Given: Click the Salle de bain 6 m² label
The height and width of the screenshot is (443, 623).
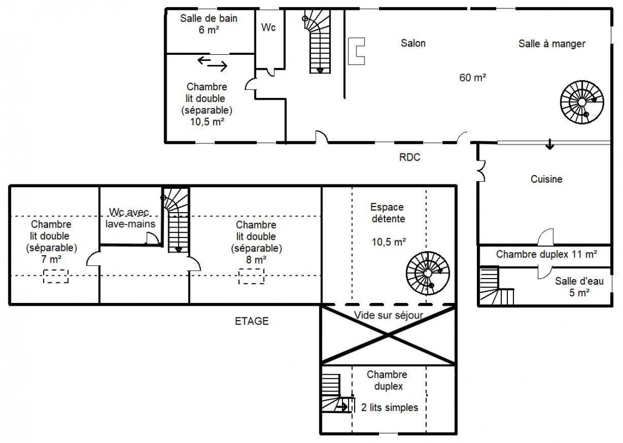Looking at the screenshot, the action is click(x=209, y=24).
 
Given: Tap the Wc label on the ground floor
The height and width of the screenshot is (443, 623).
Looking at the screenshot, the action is click(x=268, y=28).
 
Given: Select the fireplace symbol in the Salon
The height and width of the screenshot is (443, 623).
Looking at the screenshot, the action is click(x=356, y=51).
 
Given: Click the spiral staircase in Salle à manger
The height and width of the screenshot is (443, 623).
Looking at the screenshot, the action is click(x=582, y=102).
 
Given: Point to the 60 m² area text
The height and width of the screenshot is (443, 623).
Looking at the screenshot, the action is click(x=473, y=78).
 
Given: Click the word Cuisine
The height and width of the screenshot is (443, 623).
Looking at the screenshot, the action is click(x=546, y=179).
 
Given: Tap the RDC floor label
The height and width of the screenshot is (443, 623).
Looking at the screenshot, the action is click(x=409, y=157).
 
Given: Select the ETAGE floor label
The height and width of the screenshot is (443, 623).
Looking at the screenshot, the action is click(x=252, y=321).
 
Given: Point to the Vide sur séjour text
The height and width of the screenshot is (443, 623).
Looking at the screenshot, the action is click(x=388, y=316).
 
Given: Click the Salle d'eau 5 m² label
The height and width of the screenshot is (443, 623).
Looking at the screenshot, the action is click(x=579, y=287).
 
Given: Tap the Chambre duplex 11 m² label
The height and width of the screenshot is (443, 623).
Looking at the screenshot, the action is click(x=547, y=254).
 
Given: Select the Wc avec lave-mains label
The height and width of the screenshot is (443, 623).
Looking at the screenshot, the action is click(x=131, y=218).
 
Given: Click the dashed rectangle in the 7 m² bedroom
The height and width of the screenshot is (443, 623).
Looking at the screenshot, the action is click(x=56, y=276).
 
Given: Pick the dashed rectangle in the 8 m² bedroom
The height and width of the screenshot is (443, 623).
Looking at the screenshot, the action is click(x=252, y=276).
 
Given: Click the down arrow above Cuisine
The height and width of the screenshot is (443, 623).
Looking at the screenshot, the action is click(x=549, y=144).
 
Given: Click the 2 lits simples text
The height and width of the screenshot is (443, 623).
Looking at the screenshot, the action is click(x=390, y=408).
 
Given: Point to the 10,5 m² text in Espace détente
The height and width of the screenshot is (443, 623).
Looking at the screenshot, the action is click(x=388, y=242).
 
